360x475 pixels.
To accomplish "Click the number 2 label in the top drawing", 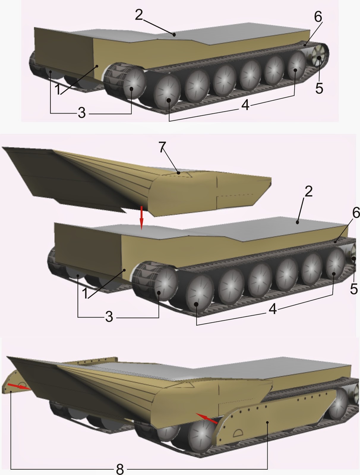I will click(x=139, y=15).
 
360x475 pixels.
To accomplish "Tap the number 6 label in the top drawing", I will click(x=318, y=17).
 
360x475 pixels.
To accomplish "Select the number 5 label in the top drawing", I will click(x=319, y=88).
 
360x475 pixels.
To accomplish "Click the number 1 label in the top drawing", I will click(x=58, y=89).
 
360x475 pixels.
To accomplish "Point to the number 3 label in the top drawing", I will click(x=82, y=113).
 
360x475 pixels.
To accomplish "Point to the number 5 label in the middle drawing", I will click(x=353, y=289).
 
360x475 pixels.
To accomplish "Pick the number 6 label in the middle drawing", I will click(x=355, y=213).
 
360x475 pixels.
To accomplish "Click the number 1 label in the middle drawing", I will click(x=85, y=293).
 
